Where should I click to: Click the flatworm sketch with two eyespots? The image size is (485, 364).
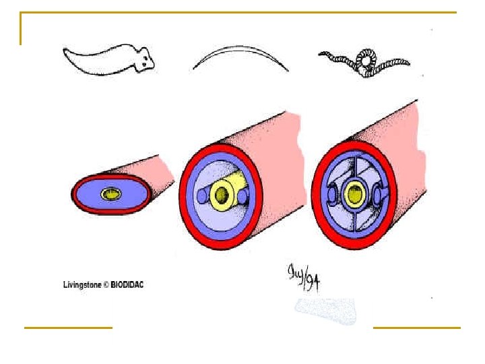108,59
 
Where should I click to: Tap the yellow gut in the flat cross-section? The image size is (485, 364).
109,194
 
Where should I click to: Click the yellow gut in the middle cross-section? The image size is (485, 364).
220,194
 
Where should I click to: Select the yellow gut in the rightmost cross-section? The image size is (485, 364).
352,195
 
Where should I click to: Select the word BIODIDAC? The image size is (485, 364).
126,284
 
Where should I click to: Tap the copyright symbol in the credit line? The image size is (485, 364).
105,284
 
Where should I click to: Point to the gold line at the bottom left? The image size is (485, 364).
68,328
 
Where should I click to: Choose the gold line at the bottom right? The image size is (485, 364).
416,328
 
